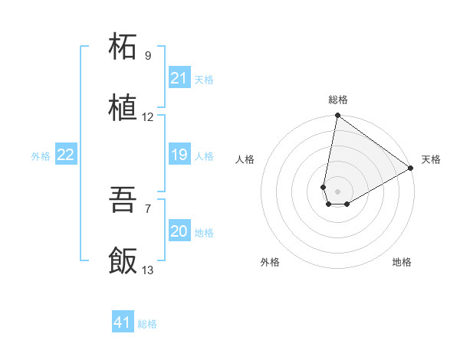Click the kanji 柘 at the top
pos(123,47)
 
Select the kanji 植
pos(123,108)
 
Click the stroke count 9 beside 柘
pos(148,56)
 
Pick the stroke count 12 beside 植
pos(148,117)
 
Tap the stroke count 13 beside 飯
pos(148,270)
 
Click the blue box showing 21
pos(179,78)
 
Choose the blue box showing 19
pos(179,155)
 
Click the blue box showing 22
pos(66,155)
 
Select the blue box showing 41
pos(123,322)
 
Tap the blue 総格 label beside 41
pos(147,324)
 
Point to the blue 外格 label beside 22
pos(41,156)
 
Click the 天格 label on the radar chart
pos(431,159)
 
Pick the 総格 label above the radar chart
pos(338,100)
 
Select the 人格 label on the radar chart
pos(245,159)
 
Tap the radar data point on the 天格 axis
pos(411,169)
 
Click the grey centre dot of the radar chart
pos(338,191)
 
